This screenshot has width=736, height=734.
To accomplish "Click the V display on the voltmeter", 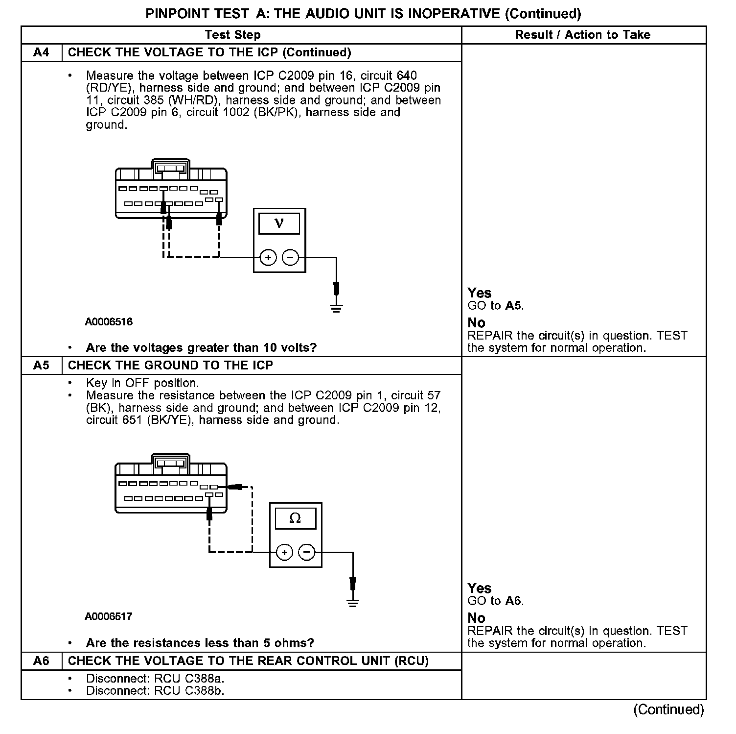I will point(279,223).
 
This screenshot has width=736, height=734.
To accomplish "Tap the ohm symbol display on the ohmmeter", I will point(295,518).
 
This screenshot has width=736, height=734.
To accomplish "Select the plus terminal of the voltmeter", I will point(268,257).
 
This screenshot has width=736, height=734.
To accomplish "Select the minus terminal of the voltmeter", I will point(291,257).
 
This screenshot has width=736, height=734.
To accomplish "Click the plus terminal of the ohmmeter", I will point(284,552).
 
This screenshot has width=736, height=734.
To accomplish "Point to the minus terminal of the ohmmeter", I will point(307,552).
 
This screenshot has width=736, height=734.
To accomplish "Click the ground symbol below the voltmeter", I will point(336,308).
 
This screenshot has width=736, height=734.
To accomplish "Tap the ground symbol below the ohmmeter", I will point(353,603).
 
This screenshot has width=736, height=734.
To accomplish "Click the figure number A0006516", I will point(109,322).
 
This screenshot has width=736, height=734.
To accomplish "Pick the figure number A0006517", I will point(109,616).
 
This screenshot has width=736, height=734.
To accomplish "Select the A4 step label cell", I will point(42,52).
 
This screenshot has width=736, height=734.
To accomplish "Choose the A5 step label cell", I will point(42,366).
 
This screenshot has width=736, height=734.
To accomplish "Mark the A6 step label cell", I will point(42,661).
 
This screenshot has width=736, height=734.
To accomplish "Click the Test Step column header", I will point(232,35).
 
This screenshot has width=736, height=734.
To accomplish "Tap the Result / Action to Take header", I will point(583,35).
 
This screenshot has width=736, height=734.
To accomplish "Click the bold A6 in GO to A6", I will point(513,601).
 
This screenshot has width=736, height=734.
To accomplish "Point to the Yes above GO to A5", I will point(479,293).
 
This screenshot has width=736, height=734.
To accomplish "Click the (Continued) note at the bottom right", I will point(668,710).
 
